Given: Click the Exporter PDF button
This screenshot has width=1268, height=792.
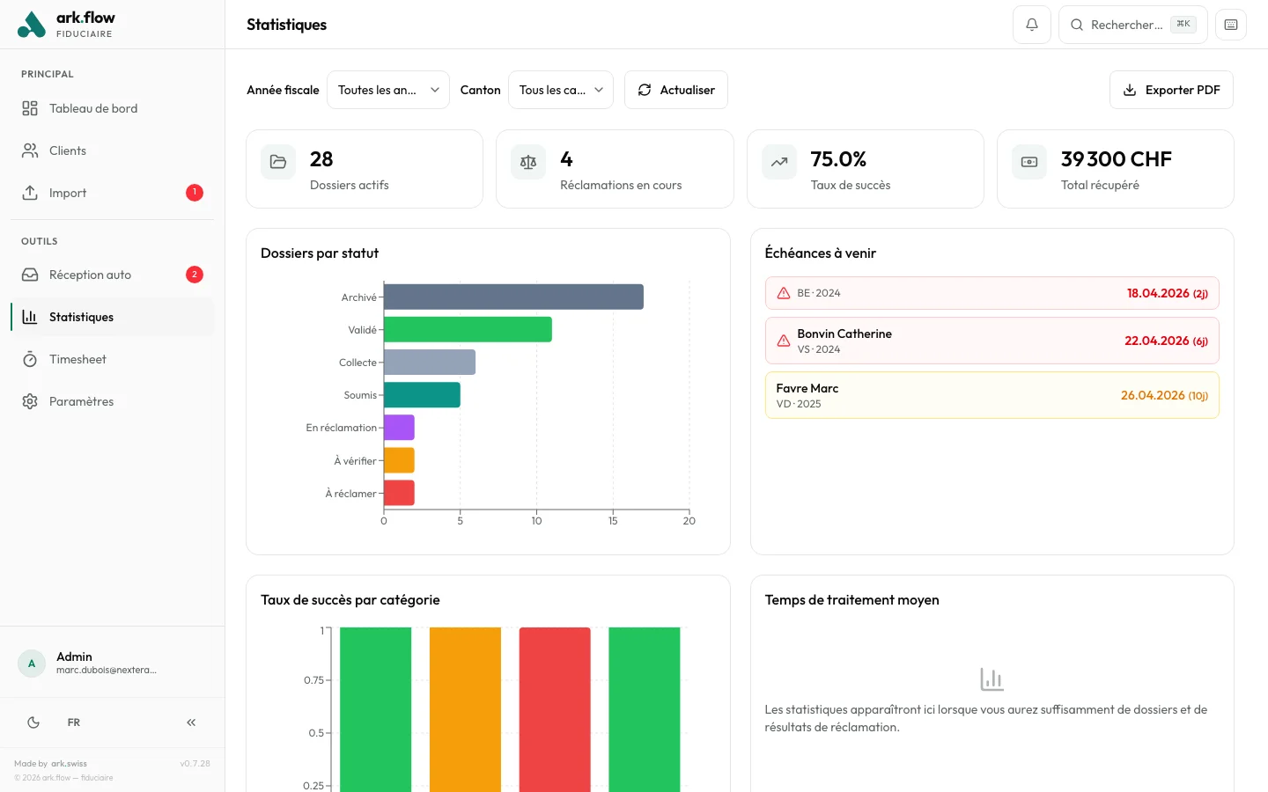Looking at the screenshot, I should tap(1171, 90).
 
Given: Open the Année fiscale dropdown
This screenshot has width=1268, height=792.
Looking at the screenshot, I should tap(387, 90).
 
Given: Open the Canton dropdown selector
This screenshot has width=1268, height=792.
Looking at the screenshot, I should tap(560, 90).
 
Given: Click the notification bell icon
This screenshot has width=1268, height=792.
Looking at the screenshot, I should tap(1031, 25).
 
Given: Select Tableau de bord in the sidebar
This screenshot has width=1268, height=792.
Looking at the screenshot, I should tap(93, 108).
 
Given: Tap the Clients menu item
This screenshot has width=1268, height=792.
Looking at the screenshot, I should tap(68, 150).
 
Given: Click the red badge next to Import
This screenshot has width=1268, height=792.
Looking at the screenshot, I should tap(195, 193).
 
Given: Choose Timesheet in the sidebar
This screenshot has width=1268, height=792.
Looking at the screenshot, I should tap(77, 359).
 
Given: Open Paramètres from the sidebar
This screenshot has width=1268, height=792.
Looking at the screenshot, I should tap(81, 401).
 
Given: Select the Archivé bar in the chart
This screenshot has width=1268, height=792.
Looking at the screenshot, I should tap(513, 297).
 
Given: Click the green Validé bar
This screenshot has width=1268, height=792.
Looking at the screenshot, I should tap(468, 329).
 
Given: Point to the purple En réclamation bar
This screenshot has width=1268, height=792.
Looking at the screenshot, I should tap(399, 428).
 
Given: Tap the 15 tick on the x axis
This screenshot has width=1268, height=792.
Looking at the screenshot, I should tap(613, 521).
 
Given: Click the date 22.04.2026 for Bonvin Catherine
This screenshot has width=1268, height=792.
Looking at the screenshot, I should tap(1156, 341).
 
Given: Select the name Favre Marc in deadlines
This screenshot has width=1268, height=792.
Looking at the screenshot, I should tap(807, 388).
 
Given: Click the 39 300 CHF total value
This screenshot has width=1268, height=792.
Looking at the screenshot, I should tap(1116, 159).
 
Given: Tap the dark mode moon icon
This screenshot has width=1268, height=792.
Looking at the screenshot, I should tap(33, 722).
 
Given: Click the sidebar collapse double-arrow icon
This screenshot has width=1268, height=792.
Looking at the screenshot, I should tap(191, 722).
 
